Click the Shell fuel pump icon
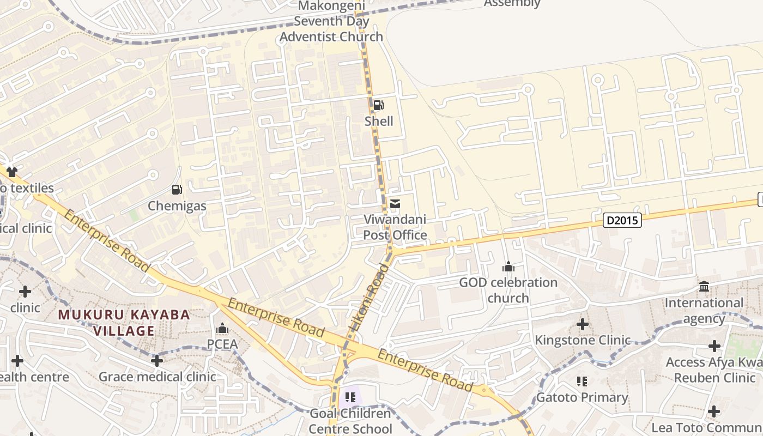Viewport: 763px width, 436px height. [378, 105]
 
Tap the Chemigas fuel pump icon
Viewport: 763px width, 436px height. [177, 190]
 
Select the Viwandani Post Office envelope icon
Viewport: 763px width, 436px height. [395, 204]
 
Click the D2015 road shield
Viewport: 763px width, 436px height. [622, 221]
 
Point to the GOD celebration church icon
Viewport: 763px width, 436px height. [508, 267]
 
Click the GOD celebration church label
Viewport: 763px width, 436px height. [508, 290]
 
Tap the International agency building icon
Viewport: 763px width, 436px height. [704, 287]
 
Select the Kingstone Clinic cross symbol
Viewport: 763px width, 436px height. [583, 325]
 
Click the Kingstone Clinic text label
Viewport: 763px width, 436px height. [583, 341]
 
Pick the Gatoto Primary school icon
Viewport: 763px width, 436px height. [582, 381]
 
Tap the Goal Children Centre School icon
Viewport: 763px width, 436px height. [350, 397]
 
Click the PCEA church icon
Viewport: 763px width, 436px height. [222, 329]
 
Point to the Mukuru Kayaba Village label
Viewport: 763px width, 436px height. [124, 323]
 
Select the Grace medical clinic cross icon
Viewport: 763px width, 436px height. [157, 361]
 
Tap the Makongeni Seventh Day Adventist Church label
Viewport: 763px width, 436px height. [331, 22]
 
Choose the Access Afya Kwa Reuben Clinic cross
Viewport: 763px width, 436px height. [714, 346]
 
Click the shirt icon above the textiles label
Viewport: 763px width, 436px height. [12, 172]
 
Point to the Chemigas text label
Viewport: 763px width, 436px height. [177, 206]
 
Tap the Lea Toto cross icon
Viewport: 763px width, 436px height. [714, 411]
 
